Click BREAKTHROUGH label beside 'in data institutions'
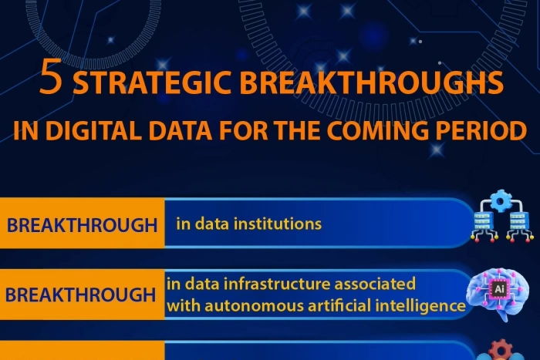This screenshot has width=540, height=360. [82, 226]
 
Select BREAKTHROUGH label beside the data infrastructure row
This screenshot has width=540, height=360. [82, 294]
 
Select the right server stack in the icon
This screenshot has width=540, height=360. [517, 226]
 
